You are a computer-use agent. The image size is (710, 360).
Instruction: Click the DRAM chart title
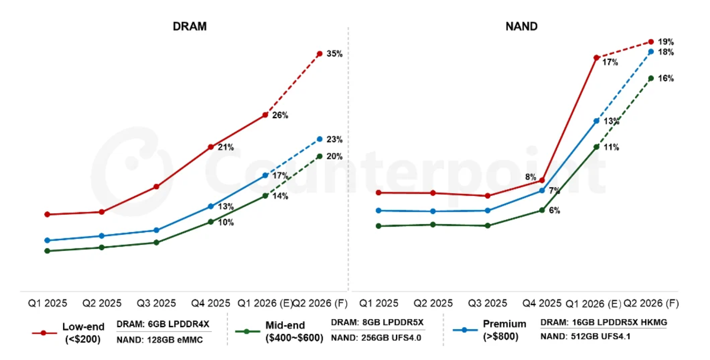(x=190, y=27)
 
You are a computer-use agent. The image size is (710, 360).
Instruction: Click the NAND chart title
(x=521, y=27)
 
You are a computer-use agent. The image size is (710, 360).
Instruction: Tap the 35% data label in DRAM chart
(x=334, y=54)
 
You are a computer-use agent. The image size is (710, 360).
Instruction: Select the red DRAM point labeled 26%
(x=265, y=115)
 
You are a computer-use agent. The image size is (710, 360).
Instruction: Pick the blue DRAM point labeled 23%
(x=320, y=139)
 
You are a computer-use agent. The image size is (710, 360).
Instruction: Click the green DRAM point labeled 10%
(x=211, y=222)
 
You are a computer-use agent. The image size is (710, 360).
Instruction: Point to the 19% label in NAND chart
(x=666, y=42)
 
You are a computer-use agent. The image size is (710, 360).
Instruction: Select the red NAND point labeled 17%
(x=596, y=58)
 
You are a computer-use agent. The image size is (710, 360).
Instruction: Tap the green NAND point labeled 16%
(x=651, y=78)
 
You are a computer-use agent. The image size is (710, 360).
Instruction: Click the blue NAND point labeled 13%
(x=596, y=121)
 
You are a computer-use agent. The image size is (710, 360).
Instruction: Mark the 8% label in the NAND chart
(x=530, y=177)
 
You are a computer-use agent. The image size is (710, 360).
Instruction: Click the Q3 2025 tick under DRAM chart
(x=156, y=303)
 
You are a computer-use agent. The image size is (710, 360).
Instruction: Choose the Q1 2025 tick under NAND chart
(x=378, y=303)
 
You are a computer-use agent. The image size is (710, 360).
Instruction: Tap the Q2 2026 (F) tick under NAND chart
(x=651, y=303)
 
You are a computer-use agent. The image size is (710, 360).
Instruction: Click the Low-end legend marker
(x=43, y=333)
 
